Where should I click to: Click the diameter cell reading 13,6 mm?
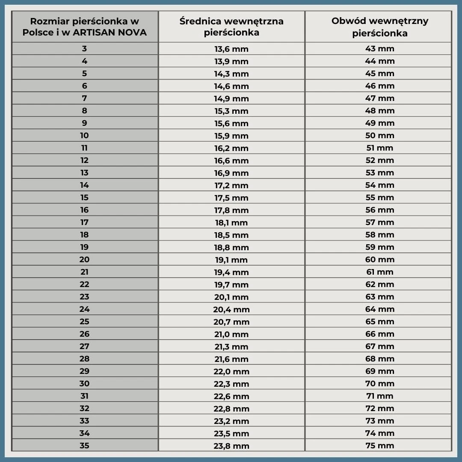231,49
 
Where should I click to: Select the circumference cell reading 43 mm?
379,49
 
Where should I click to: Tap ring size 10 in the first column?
84,136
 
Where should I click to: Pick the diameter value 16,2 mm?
231,148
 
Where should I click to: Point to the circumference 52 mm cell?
379,160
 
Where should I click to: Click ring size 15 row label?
84,198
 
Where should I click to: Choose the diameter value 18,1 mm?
231,222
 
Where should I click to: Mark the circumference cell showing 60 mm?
379,260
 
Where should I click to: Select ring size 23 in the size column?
84,297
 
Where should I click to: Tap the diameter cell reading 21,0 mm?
231,334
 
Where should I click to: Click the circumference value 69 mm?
379,371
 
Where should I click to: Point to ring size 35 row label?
84,446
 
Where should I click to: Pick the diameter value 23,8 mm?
231,446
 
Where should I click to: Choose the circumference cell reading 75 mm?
379,446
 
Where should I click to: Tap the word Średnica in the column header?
200,21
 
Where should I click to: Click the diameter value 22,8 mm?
231,409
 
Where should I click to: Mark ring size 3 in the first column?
84,49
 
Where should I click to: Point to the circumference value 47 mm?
379,98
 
